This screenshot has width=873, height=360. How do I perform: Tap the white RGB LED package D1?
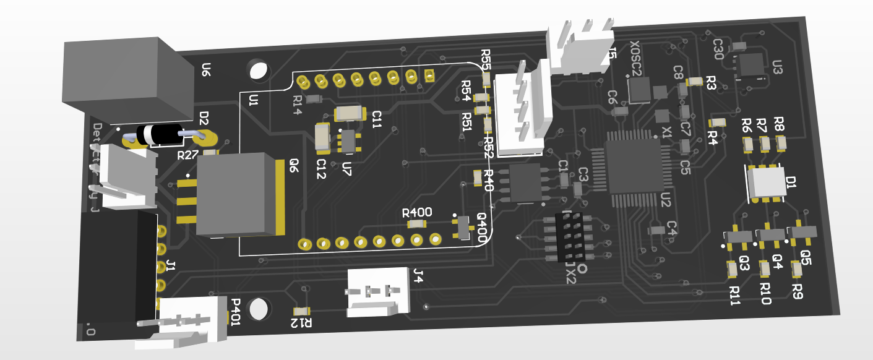click(x=766, y=182)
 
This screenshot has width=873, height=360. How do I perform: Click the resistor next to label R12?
click(x=302, y=311)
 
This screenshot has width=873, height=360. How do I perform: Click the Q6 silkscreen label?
click(x=294, y=165)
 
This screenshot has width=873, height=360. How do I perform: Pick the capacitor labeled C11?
click(x=348, y=113)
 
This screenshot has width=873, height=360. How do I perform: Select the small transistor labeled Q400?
click(x=462, y=228)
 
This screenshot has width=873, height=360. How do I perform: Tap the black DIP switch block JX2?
click(x=570, y=236)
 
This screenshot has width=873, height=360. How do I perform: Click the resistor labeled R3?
click(x=694, y=80)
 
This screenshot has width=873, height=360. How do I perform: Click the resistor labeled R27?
click(x=210, y=152)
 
